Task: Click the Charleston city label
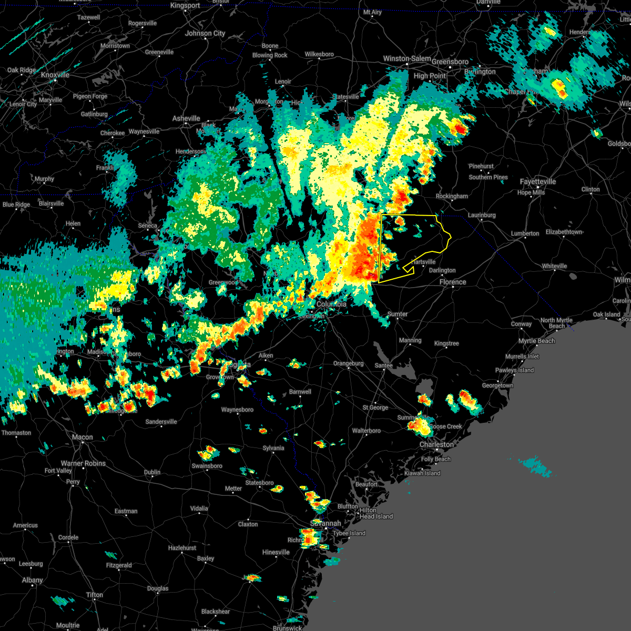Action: (436, 444)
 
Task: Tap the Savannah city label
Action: (325, 524)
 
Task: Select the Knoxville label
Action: (55, 75)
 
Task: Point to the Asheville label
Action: (186, 118)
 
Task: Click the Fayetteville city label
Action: (537, 181)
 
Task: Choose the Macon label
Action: (82, 437)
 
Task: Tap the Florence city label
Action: (453, 282)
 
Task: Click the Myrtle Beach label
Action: (536, 341)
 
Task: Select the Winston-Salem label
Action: (406, 58)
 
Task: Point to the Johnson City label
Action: (205, 33)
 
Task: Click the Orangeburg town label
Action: (348, 363)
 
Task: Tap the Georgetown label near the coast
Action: (497, 385)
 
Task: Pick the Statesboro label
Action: (259, 483)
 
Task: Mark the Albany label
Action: (32, 580)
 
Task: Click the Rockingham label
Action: (452, 196)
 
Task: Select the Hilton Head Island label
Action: (375, 513)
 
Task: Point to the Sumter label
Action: (397, 314)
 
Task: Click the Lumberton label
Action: (525, 233)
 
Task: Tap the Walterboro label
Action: (366, 431)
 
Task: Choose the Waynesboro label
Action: (237, 410)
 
